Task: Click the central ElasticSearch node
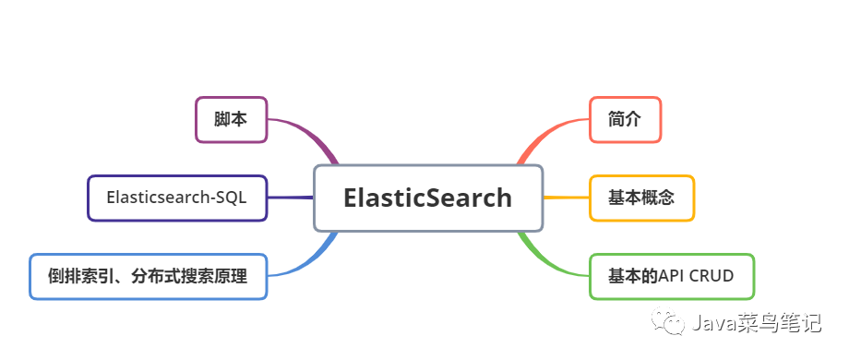(x=427, y=198)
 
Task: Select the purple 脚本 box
(x=231, y=119)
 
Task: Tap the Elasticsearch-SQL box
(x=177, y=198)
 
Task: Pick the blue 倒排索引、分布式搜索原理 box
(x=148, y=276)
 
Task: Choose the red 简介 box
(x=625, y=119)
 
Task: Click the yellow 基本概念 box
(x=641, y=198)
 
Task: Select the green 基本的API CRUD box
(x=672, y=276)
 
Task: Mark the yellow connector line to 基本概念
(x=566, y=198)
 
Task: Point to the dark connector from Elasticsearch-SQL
(x=290, y=198)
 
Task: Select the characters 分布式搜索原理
(x=189, y=276)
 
